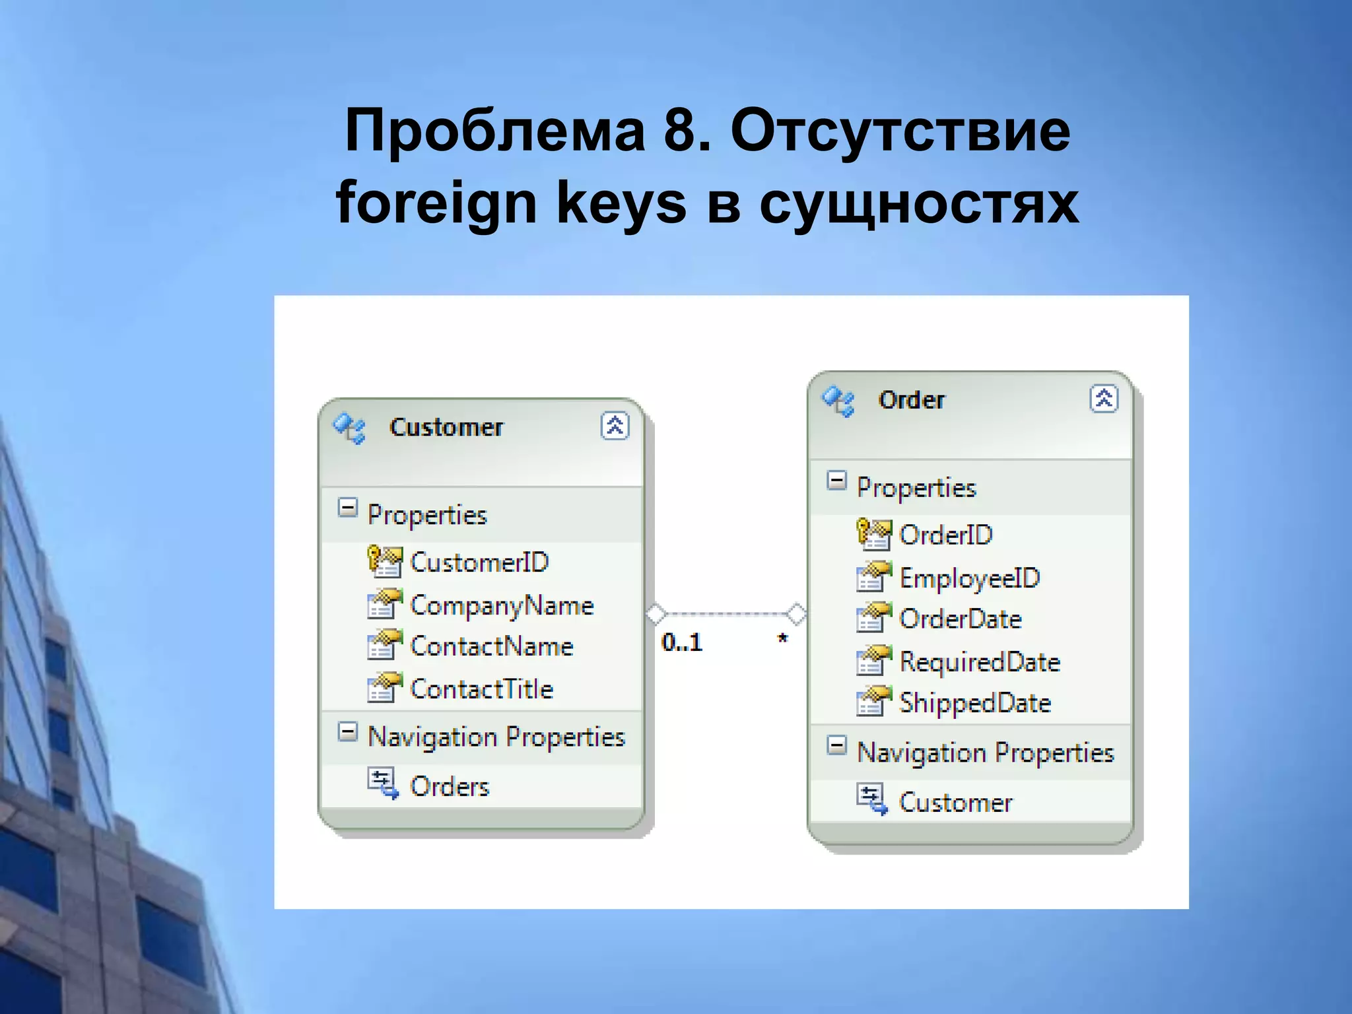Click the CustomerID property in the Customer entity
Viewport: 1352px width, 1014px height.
479,562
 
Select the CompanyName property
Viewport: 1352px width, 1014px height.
502,605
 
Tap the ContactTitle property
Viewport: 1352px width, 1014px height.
481,689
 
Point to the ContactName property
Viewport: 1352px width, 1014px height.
491,646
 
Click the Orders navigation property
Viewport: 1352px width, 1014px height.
450,786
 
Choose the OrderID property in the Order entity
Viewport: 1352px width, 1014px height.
945,535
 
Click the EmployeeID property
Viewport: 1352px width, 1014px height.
969,578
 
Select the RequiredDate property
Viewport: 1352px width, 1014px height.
980,662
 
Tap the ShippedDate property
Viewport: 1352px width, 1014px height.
975,703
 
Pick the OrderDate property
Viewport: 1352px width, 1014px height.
960,619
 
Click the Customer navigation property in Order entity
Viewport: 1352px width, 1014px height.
955,802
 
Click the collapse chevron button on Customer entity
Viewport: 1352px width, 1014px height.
615,426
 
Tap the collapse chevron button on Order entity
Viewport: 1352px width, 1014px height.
1103,399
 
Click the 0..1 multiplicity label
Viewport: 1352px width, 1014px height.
682,642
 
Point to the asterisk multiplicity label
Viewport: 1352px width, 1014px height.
782,638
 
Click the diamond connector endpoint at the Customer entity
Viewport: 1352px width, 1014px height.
656,614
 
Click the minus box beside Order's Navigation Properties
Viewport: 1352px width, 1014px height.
836,746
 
